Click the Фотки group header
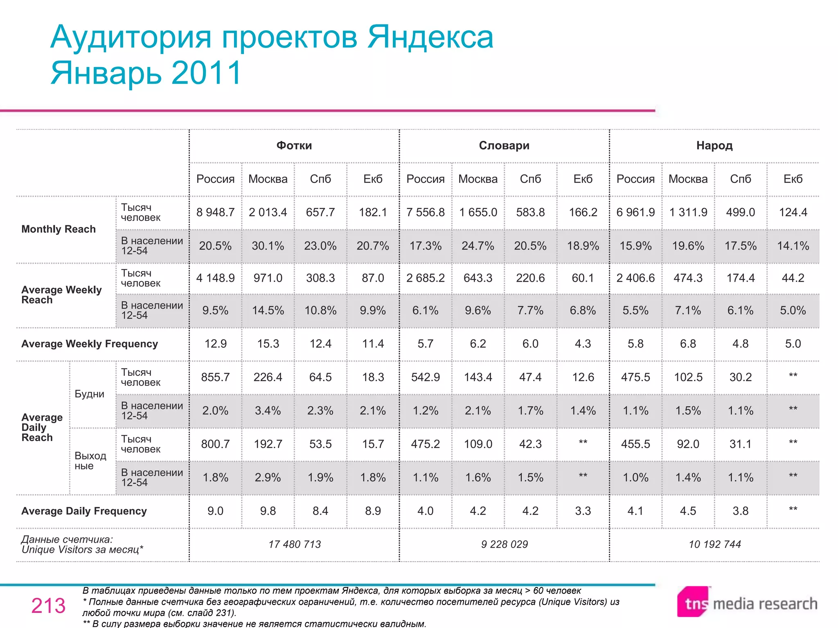(294, 146)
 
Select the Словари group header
(504, 146)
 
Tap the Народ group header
(714, 146)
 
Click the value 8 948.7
(215, 212)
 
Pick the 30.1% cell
(268, 246)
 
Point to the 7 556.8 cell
(425, 212)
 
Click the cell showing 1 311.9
(688, 212)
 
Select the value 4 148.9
(215, 278)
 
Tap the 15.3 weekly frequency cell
(268, 344)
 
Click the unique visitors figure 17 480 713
(295, 544)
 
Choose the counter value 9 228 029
(505, 544)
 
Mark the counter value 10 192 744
(714, 544)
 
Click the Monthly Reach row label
(59, 229)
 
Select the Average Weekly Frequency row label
(90, 344)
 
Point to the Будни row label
(89, 394)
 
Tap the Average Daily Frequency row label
(84, 511)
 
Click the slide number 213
(48, 606)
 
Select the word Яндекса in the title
(430, 37)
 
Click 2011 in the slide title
(207, 73)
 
